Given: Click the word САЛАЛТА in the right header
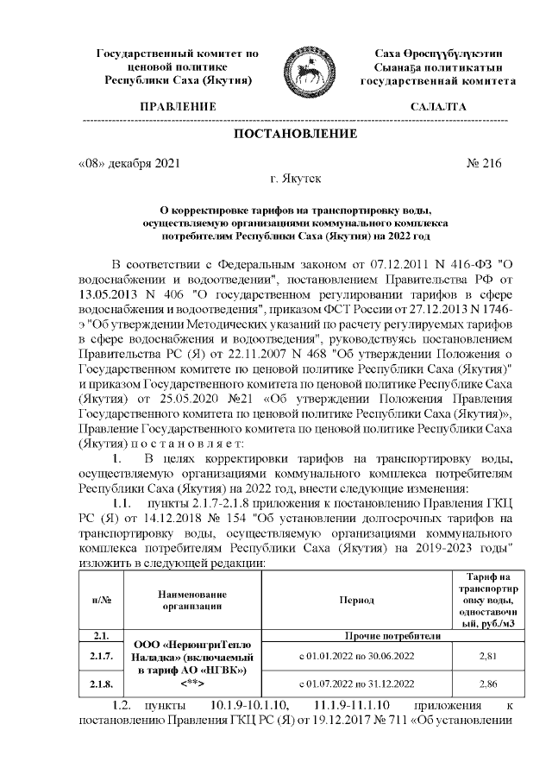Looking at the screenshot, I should [x=437, y=107].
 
